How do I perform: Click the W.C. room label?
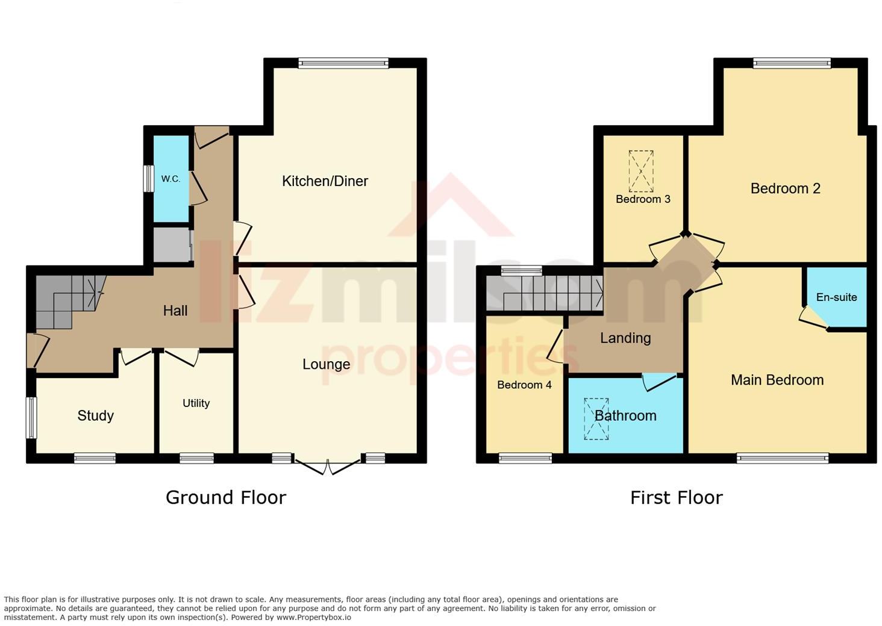170,179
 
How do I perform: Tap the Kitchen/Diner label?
325,181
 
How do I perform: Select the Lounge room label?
326,364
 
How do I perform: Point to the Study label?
95,415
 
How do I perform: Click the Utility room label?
196,403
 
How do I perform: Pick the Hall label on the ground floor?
175,311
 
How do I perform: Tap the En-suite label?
836,297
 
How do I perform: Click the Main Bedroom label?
777,380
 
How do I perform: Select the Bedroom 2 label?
785,188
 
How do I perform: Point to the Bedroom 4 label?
524,385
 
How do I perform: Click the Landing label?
625,338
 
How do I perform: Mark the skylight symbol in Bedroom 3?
641,170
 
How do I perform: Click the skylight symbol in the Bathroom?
596,419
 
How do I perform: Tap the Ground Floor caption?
226,497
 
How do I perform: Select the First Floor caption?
676,497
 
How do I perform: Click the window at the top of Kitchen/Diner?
343,63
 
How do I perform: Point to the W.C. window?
148,179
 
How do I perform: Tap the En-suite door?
813,318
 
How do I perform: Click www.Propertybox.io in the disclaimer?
313,617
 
